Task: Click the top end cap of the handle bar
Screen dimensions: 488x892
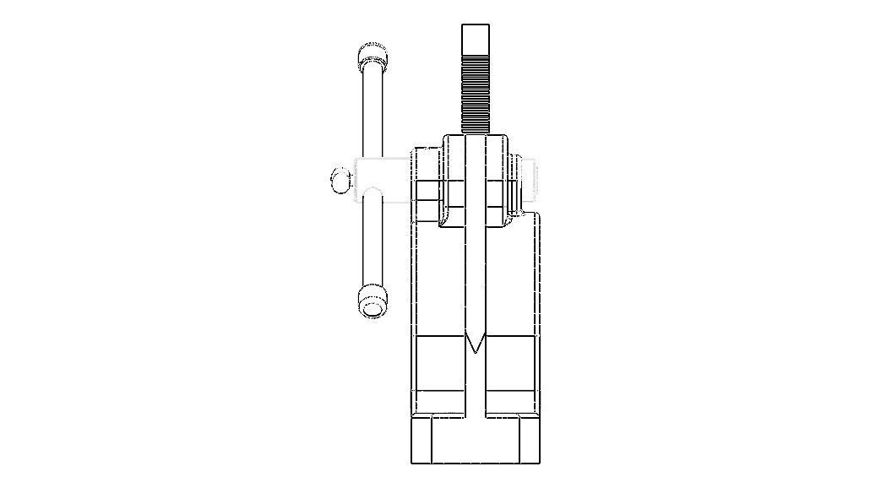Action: pyautogui.click(x=372, y=58)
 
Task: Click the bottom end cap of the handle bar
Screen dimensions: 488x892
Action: pyautogui.click(x=372, y=301)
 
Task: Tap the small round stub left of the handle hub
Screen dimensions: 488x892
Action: pyautogui.click(x=340, y=180)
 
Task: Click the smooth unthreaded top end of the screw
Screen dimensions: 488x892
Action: pyautogui.click(x=476, y=38)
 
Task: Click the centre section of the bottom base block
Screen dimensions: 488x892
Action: pyautogui.click(x=475, y=442)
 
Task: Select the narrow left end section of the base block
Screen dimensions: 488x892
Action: pyautogui.click(x=422, y=441)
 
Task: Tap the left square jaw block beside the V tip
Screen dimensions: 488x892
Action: pyautogui.click(x=439, y=363)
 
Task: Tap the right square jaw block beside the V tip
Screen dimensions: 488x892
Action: pyautogui.click(x=512, y=363)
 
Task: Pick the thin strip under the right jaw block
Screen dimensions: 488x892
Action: pyautogui.click(x=512, y=402)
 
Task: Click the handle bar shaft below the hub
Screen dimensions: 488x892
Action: pyautogui.click(x=372, y=245)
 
